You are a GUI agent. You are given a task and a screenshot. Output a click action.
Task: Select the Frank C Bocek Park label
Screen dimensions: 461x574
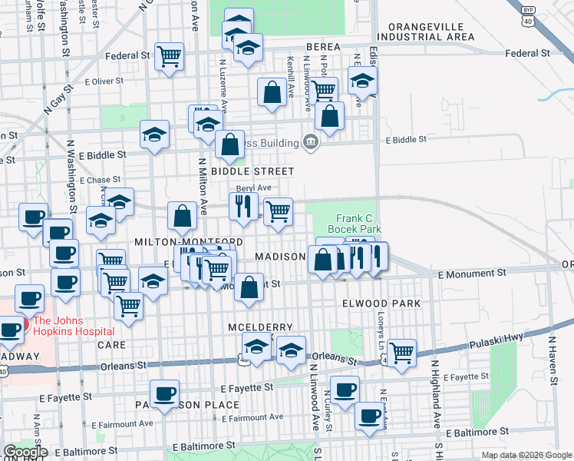(x=354, y=223)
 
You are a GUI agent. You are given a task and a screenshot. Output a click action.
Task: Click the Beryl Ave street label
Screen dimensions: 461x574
(x=254, y=187)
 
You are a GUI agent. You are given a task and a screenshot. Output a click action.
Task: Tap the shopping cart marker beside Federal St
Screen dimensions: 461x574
(x=169, y=56)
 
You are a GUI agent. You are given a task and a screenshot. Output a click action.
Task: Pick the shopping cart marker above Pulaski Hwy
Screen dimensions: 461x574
(x=401, y=352)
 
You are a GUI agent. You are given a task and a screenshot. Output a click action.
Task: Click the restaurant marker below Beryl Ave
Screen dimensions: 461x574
(x=243, y=206)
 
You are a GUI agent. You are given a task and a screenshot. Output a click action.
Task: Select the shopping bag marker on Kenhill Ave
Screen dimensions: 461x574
(x=272, y=92)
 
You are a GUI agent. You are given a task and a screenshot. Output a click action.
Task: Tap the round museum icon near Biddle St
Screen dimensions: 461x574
(x=311, y=142)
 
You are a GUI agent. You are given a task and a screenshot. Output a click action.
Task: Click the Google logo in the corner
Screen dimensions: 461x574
(x=25, y=452)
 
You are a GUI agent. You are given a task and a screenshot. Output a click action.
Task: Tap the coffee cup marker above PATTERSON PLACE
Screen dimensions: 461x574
(x=164, y=393)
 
